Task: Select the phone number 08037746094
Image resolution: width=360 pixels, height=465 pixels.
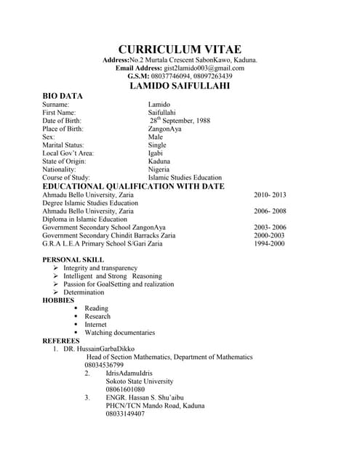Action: [x=169, y=76]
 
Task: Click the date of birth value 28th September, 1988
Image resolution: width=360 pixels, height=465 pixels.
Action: [x=180, y=121]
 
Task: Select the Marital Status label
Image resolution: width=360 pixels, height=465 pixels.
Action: [x=63, y=145]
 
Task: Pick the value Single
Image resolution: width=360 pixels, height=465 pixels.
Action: [x=157, y=145]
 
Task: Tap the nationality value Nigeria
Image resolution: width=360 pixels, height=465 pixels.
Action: [x=159, y=169]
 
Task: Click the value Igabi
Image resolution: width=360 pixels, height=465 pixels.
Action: [x=156, y=153]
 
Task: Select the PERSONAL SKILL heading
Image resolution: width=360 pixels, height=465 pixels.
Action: [x=73, y=259]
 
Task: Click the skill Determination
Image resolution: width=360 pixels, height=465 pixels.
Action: [x=84, y=293]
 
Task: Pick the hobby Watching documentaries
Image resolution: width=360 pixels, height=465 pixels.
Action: [x=120, y=333]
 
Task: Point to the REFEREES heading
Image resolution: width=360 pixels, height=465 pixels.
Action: [x=61, y=341]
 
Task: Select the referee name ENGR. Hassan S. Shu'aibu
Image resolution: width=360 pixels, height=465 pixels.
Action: [x=142, y=397]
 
